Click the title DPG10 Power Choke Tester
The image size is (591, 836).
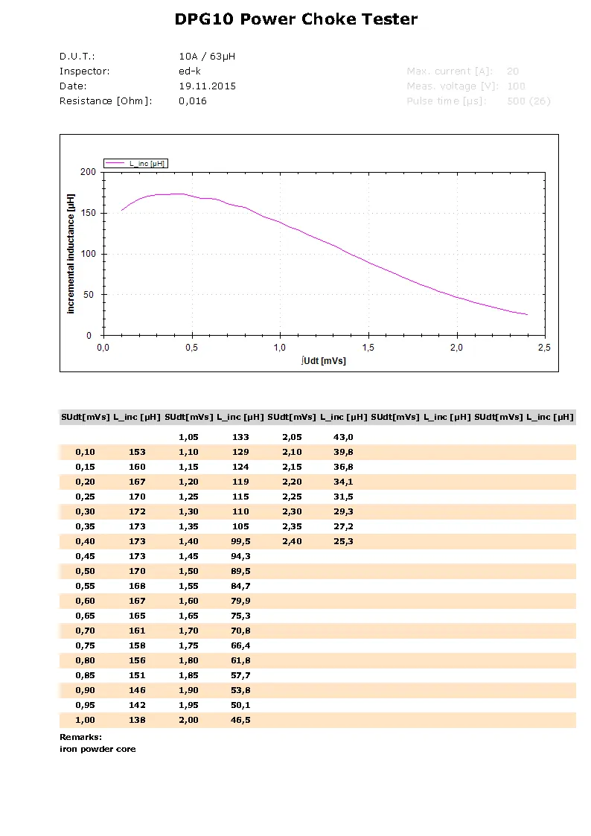click(295, 20)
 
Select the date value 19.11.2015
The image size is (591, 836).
click(207, 86)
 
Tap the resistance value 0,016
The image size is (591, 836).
click(193, 101)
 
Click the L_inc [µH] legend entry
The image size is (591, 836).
click(147, 163)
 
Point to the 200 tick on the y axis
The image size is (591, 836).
click(89, 172)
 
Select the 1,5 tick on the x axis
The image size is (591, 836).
click(368, 348)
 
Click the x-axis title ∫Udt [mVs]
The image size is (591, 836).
click(324, 361)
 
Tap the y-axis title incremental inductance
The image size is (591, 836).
click(71, 254)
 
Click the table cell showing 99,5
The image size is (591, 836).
click(240, 541)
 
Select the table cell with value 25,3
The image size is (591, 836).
click(343, 541)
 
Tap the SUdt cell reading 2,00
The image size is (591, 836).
click(188, 720)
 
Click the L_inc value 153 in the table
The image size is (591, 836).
click(137, 452)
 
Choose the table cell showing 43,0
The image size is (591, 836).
click(343, 437)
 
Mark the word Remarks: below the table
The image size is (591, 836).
click(80, 737)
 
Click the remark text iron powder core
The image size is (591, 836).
click(98, 749)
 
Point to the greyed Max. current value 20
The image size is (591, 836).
click(512, 71)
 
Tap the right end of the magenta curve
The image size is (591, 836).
click(527, 315)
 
